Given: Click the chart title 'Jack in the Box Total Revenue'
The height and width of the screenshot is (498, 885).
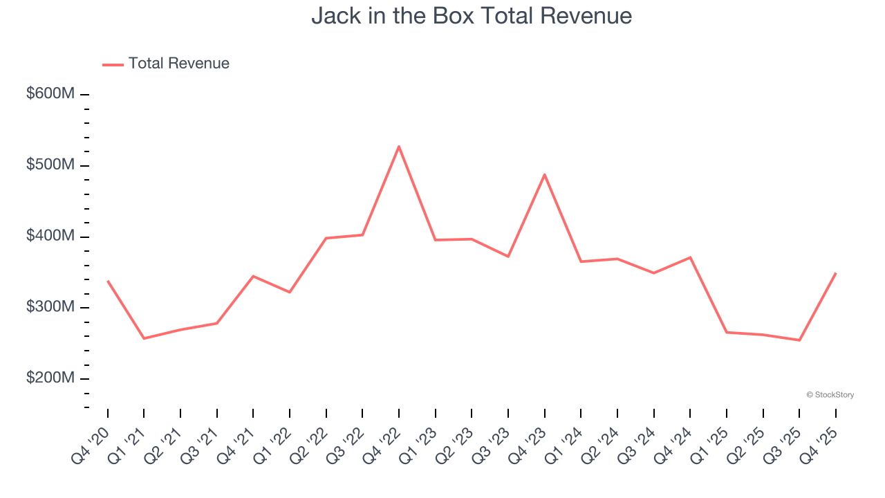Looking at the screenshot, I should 472,15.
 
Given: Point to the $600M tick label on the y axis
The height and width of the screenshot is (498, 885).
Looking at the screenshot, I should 50,93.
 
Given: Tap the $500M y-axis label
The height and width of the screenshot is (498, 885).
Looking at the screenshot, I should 50,165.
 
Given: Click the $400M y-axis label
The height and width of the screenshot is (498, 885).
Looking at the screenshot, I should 50,236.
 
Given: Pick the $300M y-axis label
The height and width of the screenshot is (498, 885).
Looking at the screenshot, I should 50,306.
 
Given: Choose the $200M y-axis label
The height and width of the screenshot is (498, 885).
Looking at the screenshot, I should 50,378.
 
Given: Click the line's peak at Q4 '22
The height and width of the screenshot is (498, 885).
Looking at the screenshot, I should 399,147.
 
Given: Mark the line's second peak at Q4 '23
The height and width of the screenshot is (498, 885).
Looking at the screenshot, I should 545,174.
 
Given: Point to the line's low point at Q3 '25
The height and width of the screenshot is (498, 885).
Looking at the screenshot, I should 799,340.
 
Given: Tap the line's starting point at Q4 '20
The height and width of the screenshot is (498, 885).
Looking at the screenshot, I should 108,282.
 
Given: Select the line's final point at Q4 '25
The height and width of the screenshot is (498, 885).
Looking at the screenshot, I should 836,273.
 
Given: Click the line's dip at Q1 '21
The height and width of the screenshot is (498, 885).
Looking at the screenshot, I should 144,338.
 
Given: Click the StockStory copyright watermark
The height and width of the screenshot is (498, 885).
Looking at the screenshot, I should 830,395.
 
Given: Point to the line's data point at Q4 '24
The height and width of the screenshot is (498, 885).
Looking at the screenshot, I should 690,257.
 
